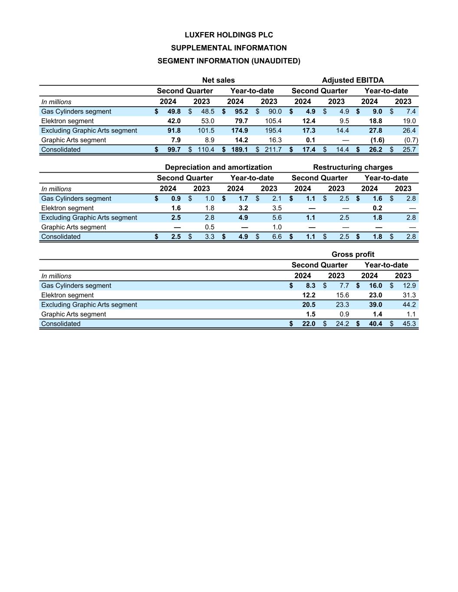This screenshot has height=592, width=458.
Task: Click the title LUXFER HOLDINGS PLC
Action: [229, 35]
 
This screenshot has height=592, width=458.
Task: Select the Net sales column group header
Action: [218, 80]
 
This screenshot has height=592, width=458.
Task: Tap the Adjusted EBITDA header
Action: [353, 80]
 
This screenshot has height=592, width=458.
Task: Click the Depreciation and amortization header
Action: [218, 167]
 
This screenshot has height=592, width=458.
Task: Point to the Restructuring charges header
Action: [353, 167]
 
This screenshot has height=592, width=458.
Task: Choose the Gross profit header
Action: [353, 255]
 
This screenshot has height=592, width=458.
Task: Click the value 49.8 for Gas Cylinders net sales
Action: [174, 111]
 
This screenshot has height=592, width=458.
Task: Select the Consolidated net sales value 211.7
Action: [273, 150]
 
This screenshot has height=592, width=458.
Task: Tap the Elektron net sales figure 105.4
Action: [273, 121]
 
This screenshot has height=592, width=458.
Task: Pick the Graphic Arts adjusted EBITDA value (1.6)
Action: [377, 140]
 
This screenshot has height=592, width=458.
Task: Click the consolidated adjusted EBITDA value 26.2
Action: [376, 150]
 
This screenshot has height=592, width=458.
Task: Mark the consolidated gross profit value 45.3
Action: [409, 324]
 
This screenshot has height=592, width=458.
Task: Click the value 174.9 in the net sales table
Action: [240, 131]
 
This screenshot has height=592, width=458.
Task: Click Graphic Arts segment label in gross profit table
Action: [73, 314]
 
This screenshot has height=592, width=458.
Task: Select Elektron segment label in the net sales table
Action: [67, 121]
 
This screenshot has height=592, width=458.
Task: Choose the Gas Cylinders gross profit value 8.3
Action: [310, 286]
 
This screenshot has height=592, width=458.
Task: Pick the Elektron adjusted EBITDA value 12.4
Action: [309, 121]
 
